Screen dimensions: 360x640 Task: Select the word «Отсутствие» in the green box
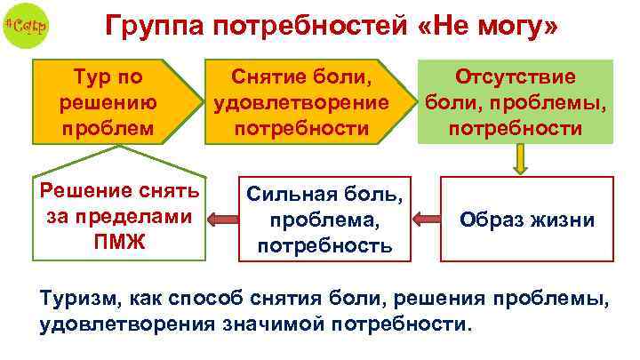516,76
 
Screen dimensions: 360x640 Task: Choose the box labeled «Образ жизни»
527,219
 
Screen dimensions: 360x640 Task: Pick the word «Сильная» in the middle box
289,193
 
